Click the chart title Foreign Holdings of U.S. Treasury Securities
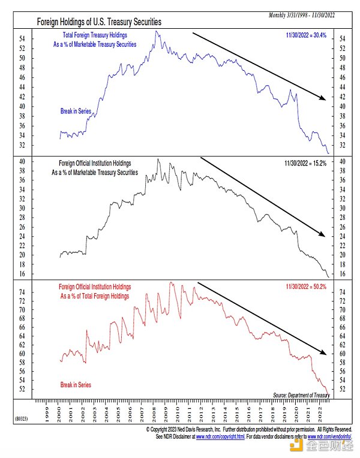tap(99, 21)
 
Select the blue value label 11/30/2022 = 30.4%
tap(306, 35)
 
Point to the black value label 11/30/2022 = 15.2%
tap(306, 163)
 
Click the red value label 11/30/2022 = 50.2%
tap(306, 287)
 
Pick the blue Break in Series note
tap(75, 112)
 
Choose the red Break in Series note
tap(75, 384)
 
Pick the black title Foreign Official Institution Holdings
tap(95, 163)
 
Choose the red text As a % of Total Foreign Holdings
tap(98, 295)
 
